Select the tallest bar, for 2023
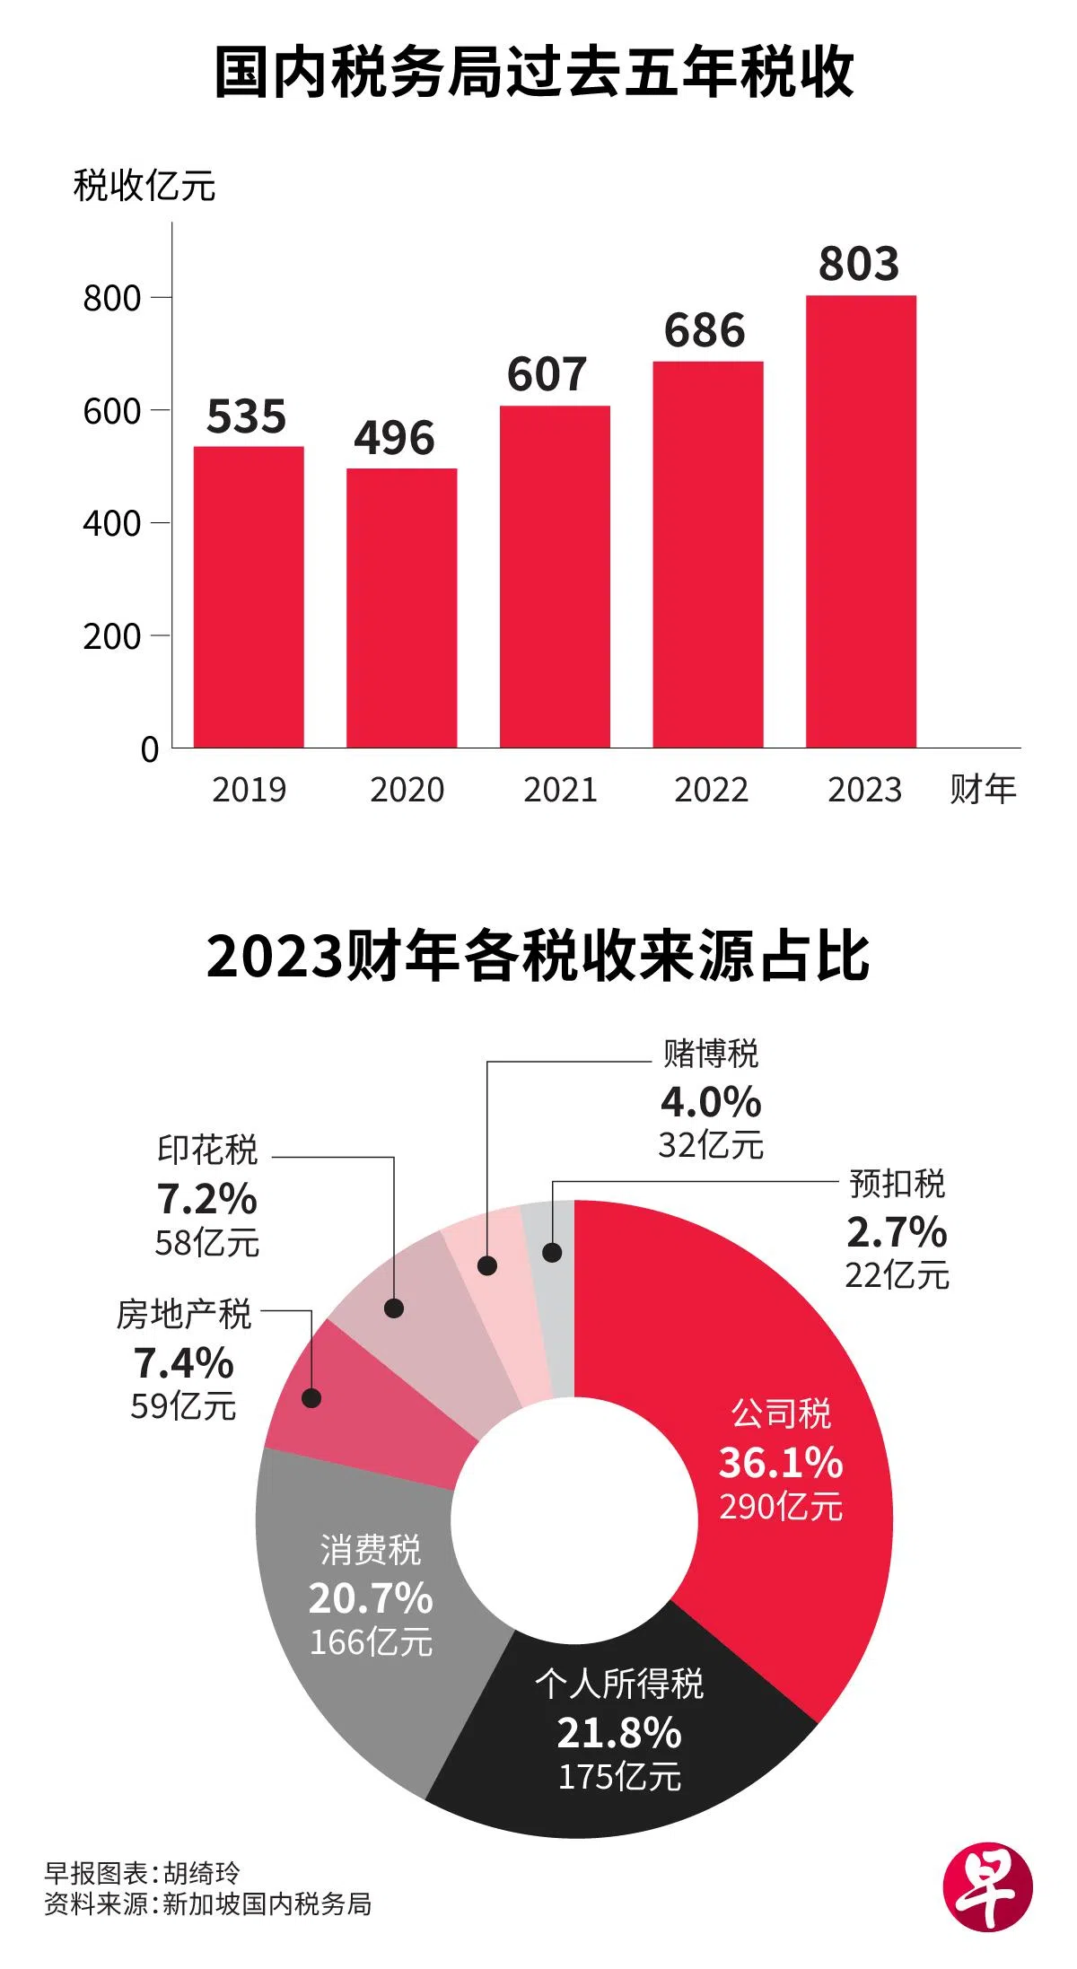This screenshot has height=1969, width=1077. point(861,521)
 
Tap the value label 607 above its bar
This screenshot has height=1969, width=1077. point(547,374)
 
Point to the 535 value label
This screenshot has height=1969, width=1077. point(246,416)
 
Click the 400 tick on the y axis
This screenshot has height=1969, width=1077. point(112,523)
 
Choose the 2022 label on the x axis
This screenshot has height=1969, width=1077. point(711,790)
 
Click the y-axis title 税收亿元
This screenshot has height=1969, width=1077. point(144,186)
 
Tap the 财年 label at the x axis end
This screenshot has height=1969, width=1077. point(983,790)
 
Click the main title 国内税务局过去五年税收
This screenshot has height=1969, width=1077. point(535,74)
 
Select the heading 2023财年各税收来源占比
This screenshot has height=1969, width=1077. point(538,956)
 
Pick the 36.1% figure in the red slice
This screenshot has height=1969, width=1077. point(780,1462)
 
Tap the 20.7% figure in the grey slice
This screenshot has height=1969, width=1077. point(371,1598)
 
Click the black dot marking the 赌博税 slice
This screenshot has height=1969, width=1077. point(487,1265)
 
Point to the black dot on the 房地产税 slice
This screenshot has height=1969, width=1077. point(311,1398)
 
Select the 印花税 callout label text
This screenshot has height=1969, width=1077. point(207,1150)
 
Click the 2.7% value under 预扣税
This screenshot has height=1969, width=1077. point(897,1232)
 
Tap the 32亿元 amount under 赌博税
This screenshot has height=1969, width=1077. point(711,1145)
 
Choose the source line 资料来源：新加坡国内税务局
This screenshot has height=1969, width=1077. point(208,1903)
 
